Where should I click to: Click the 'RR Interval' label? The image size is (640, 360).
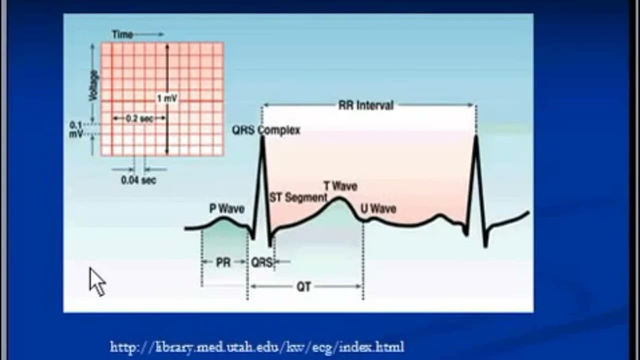click(x=366, y=105)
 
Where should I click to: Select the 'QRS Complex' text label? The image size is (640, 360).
click(x=266, y=130)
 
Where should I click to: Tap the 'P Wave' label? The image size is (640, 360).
click(x=226, y=208)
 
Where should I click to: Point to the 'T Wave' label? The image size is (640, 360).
click(x=340, y=186)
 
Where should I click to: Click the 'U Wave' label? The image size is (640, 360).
click(x=378, y=208)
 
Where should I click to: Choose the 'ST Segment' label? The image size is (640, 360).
click(x=298, y=197)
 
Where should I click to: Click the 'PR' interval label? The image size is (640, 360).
click(x=223, y=262)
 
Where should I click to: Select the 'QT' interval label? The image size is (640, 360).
click(x=303, y=286)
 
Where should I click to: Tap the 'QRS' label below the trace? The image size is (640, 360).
click(x=261, y=262)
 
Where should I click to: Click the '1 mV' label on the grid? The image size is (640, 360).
click(x=167, y=98)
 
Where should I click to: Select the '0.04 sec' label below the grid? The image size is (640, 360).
click(x=138, y=180)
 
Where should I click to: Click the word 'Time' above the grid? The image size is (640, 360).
click(x=122, y=34)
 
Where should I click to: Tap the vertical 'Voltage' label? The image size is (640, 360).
click(x=93, y=85)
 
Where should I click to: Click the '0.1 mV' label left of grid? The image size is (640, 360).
click(x=76, y=129)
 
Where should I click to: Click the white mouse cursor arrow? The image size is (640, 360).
click(x=97, y=281)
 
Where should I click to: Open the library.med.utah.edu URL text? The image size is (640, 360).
click(x=257, y=346)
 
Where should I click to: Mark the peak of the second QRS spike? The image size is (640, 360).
click(x=475, y=137)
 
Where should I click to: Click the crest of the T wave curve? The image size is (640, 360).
click(x=339, y=199)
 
